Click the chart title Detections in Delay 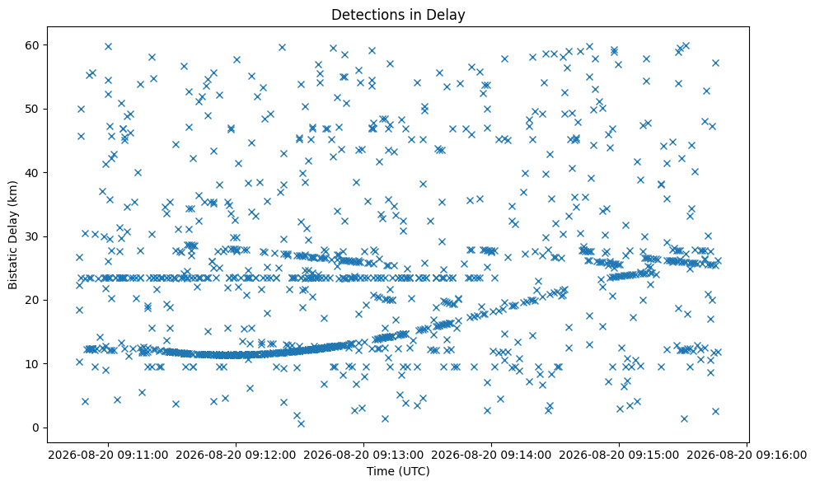pyautogui.click(x=398, y=15)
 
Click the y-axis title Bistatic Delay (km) pyautogui.click(x=12, y=235)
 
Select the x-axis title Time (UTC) pyautogui.click(x=398, y=471)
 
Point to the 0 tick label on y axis pyautogui.click(x=36, y=428)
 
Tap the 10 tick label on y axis pyautogui.click(x=33, y=364)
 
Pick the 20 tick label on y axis pyautogui.click(x=33, y=300)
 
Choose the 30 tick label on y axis pyautogui.click(x=33, y=236)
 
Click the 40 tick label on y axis pyautogui.click(x=33, y=172)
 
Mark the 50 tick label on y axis pyautogui.click(x=33, y=109)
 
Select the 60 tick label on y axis pyautogui.click(x=33, y=45)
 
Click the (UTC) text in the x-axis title pyautogui.click(x=413, y=471)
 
